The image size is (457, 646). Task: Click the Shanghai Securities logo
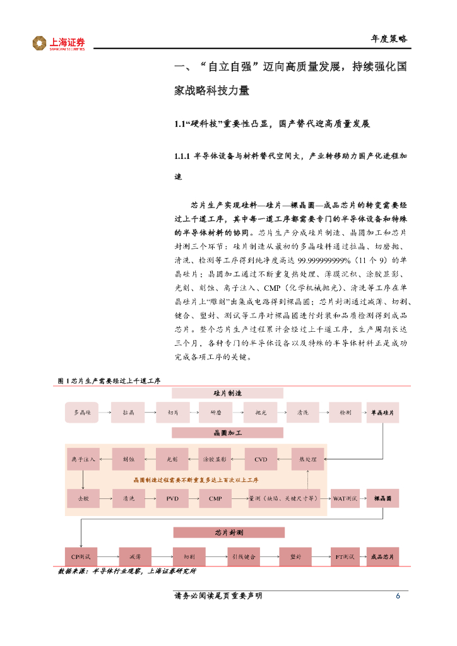tap(59, 43)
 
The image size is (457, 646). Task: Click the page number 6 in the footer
tap(398, 596)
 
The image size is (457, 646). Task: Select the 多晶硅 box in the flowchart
tap(83, 412)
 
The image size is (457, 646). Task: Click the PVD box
tap(172, 498)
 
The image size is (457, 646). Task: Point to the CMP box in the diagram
tap(215, 498)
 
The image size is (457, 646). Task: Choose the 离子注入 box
tap(83, 459)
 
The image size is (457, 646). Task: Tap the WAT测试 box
tap(345, 498)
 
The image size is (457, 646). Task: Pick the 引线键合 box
tap(243, 556)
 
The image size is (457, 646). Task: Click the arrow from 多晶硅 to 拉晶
tap(105, 412)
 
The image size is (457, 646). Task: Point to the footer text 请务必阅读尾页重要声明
tap(218, 596)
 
